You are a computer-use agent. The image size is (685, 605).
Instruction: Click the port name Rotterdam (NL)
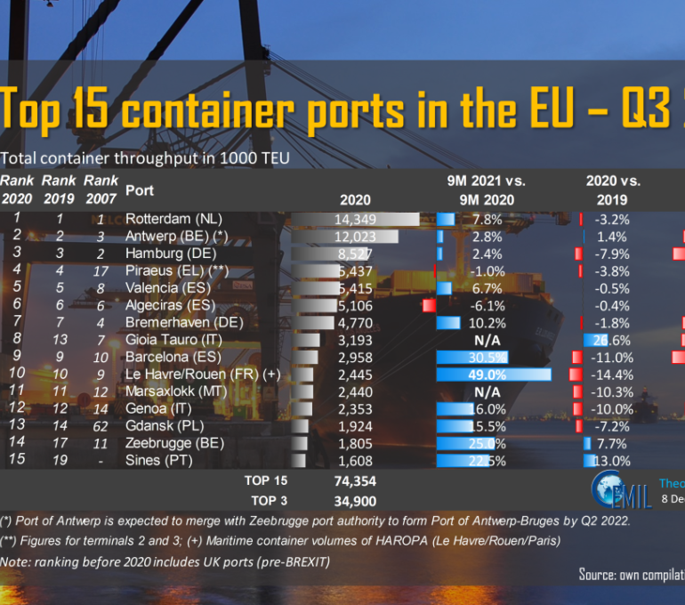[173, 219]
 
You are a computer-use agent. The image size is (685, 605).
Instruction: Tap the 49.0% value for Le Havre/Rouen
[488, 375]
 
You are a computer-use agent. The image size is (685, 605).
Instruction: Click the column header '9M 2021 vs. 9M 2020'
[486, 190]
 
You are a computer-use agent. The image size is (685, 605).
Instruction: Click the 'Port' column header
[140, 190]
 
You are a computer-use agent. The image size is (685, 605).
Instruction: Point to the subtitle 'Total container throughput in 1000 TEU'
[145, 158]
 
